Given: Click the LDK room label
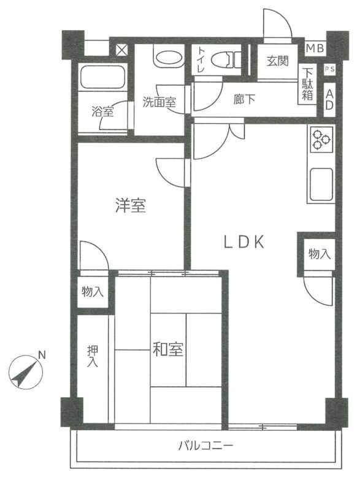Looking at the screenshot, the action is tap(243, 243).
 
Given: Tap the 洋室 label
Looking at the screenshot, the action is tap(131, 205).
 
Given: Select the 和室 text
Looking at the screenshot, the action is tap(168, 349).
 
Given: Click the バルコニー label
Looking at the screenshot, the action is tap(206, 446).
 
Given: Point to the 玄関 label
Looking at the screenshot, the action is tap(277, 61).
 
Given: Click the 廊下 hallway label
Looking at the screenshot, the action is tap(244, 99).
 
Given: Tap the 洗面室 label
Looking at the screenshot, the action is tap(159, 102).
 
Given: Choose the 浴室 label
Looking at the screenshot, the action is tap(102, 112).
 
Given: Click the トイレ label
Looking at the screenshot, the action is tap(201, 59).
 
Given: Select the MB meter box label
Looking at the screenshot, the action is tap(315, 48).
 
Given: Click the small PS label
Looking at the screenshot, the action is tap(329, 69).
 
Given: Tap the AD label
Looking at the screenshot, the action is tap(329, 99).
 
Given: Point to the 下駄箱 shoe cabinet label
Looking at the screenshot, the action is tap(307, 84).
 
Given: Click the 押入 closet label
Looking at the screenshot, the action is tap(93, 357).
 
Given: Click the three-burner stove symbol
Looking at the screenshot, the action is tap(322, 140).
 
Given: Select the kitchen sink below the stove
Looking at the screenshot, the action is tap(321, 184).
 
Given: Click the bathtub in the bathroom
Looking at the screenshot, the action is tap(103, 77).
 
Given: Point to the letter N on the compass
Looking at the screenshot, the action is tap(42, 355).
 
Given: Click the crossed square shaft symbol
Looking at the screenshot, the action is tap(121, 50).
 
